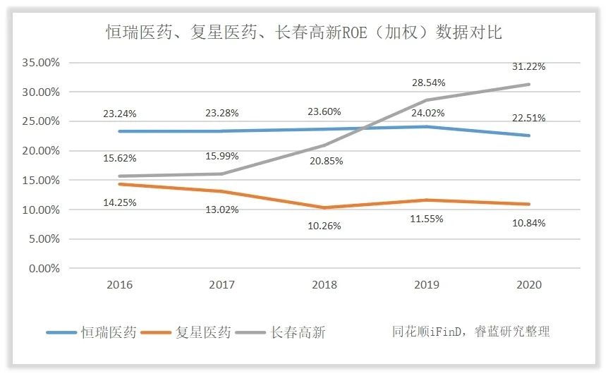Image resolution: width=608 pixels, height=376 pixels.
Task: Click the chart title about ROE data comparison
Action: (x=303, y=32)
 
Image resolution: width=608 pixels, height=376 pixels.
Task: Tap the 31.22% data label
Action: (x=529, y=66)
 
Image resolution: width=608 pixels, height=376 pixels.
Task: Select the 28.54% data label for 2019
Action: (x=427, y=83)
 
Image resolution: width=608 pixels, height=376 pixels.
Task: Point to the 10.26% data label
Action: (x=324, y=226)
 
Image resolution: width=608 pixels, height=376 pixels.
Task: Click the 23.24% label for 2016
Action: (x=120, y=113)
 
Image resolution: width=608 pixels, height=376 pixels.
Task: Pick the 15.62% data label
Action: (x=120, y=159)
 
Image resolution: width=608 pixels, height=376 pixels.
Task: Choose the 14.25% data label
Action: (x=120, y=202)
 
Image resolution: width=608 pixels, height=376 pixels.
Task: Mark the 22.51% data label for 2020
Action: (x=529, y=118)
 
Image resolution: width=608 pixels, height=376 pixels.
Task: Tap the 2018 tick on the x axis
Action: (x=324, y=285)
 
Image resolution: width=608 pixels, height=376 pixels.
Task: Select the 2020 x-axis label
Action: (x=529, y=285)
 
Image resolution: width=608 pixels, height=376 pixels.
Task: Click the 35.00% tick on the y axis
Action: (x=41, y=63)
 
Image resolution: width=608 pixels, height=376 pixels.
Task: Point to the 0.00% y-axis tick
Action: (x=44, y=269)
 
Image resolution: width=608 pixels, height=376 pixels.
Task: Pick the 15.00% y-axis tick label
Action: (x=41, y=181)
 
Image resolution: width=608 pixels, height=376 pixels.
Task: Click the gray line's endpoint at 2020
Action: (x=529, y=85)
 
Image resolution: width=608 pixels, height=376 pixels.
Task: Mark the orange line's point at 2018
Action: (x=324, y=207)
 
